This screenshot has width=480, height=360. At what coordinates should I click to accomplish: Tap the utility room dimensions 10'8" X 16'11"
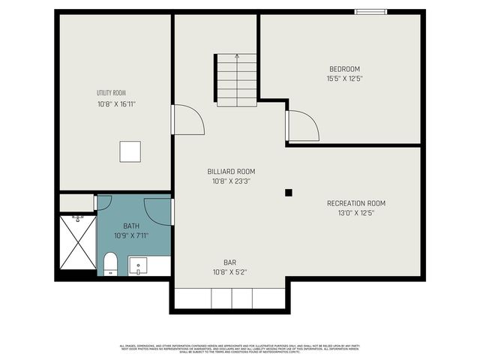(116, 105)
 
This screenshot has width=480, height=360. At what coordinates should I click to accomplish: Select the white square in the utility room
(130, 151)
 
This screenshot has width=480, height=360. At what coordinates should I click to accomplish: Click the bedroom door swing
(302, 126)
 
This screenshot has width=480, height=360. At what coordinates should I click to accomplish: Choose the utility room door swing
(187, 120)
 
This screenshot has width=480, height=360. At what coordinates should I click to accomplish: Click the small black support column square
(288, 193)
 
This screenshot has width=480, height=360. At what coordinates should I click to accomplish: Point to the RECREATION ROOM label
(355, 203)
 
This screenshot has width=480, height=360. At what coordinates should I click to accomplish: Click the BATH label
(130, 226)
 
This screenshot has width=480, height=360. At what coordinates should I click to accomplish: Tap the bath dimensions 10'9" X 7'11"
(130, 235)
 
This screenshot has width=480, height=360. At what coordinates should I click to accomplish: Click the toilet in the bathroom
(110, 263)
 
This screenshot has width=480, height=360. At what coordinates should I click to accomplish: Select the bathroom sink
(138, 265)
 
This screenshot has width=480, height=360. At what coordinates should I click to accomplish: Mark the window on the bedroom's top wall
(371, 11)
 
